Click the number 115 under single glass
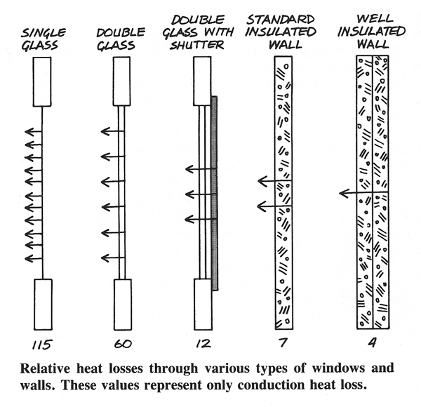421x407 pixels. pyautogui.click(x=42, y=345)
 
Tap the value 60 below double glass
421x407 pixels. pyautogui.click(x=123, y=344)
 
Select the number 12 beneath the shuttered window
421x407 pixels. pyautogui.click(x=203, y=344)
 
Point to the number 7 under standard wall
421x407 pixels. pyautogui.click(x=283, y=342)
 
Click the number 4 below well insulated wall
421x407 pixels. pyautogui.click(x=373, y=342)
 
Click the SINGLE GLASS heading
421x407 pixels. pyautogui.click(x=43, y=39)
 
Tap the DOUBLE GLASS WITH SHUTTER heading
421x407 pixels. pyautogui.click(x=198, y=32)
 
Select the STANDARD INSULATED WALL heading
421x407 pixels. pyautogui.click(x=281, y=32)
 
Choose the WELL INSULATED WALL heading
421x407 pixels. pyautogui.click(x=372, y=32)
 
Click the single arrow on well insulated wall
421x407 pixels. pyautogui.click(x=363, y=193)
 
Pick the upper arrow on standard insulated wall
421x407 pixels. pyautogui.click(x=274, y=181)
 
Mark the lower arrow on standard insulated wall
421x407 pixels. pyautogui.click(x=274, y=206)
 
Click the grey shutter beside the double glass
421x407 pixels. pyautogui.click(x=214, y=193)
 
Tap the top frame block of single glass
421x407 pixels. pyautogui.click(x=42, y=81)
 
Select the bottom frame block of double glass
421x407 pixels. pyautogui.click(x=123, y=305)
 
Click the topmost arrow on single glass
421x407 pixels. pyautogui.click(x=34, y=132)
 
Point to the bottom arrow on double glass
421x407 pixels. pyautogui.click(x=113, y=258)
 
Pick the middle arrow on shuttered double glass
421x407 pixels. pyautogui.click(x=201, y=194)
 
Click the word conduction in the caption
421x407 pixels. pyautogui.click(x=271, y=385)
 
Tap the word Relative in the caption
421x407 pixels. pyautogui.click(x=45, y=368)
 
